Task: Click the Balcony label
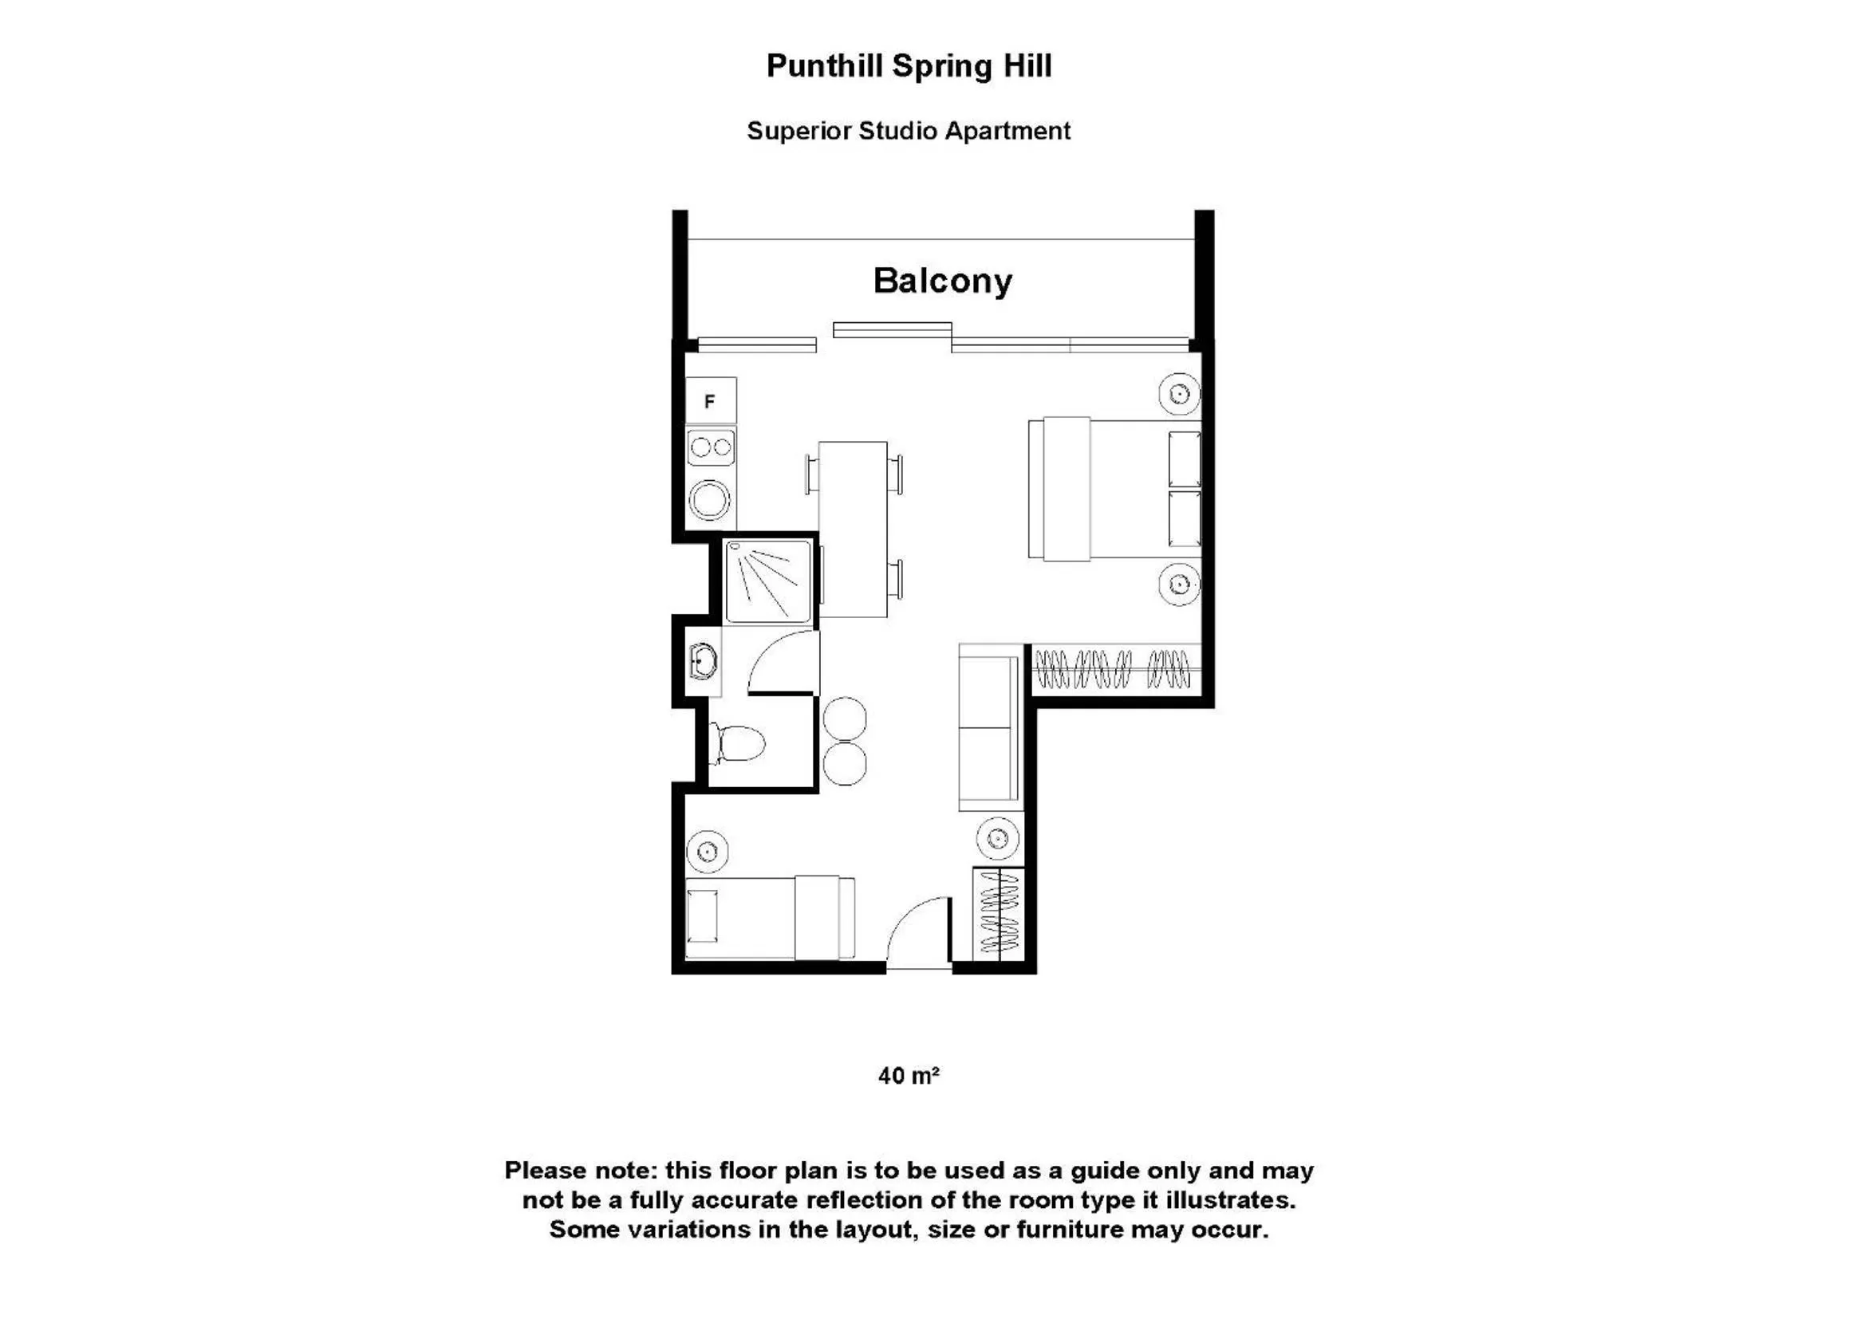(x=942, y=281)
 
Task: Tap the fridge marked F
(x=710, y=400)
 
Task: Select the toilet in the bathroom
(x=738, y=743)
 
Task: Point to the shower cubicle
(x=767, y=581)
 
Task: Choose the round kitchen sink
(x=709, y=500)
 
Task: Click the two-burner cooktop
(x=711, y=447)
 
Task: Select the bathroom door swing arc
(x=782, y=662)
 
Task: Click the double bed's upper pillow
(x=1184, y=459)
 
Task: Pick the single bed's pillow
(x=702, y=915)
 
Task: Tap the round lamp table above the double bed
(x=1180, y=394)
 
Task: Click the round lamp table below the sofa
(x=997, y=837)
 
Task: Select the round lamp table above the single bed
(x=707, y=851)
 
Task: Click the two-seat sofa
(x=989, y=728)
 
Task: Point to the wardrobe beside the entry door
(x=999, y=914)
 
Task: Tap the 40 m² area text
(x=908, y=1075)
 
